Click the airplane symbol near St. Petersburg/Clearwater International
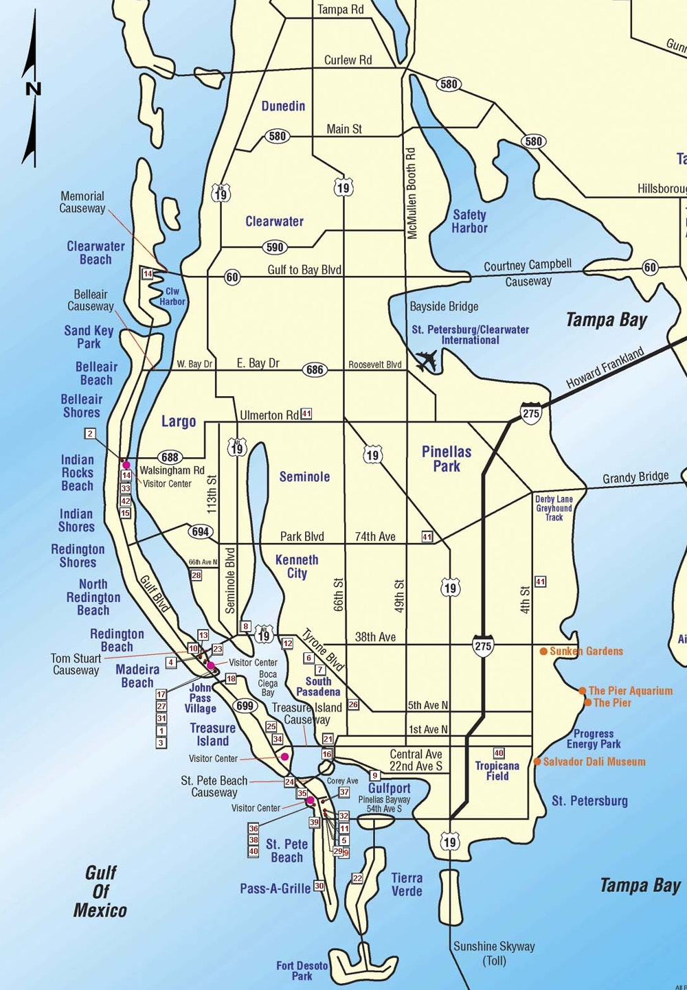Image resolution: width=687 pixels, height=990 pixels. (427, 360)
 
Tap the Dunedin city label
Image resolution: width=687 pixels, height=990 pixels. (283, 106)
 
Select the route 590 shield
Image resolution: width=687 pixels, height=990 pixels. (275, 247)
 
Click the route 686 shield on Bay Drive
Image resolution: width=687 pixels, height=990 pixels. (315, 370)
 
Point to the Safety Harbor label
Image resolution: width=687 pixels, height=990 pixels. (470, 221)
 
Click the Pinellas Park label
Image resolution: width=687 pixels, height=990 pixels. (447, 459)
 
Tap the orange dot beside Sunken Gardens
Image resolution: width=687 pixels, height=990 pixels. (543, 651)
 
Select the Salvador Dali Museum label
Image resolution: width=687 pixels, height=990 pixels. (594, 761)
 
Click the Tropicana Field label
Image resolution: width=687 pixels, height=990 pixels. (497, 770)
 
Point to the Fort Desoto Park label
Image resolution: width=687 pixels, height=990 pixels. (302, 970)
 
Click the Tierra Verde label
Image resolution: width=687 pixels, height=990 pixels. (407, 884)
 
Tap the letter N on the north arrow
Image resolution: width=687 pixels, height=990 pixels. (33, 89)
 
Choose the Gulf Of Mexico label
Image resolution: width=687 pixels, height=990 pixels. (100, 891)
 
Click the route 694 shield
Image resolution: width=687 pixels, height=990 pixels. (201, 531)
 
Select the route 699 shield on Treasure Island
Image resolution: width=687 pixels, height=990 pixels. (245, 706)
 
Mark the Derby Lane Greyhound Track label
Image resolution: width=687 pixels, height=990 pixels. (554, 508)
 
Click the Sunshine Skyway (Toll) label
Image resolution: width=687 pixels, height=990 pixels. (494, 953)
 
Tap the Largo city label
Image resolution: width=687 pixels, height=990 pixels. (179, 421)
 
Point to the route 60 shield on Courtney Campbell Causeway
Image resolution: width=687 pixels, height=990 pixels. (650, 267)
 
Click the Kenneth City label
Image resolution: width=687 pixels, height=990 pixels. (297, 566)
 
